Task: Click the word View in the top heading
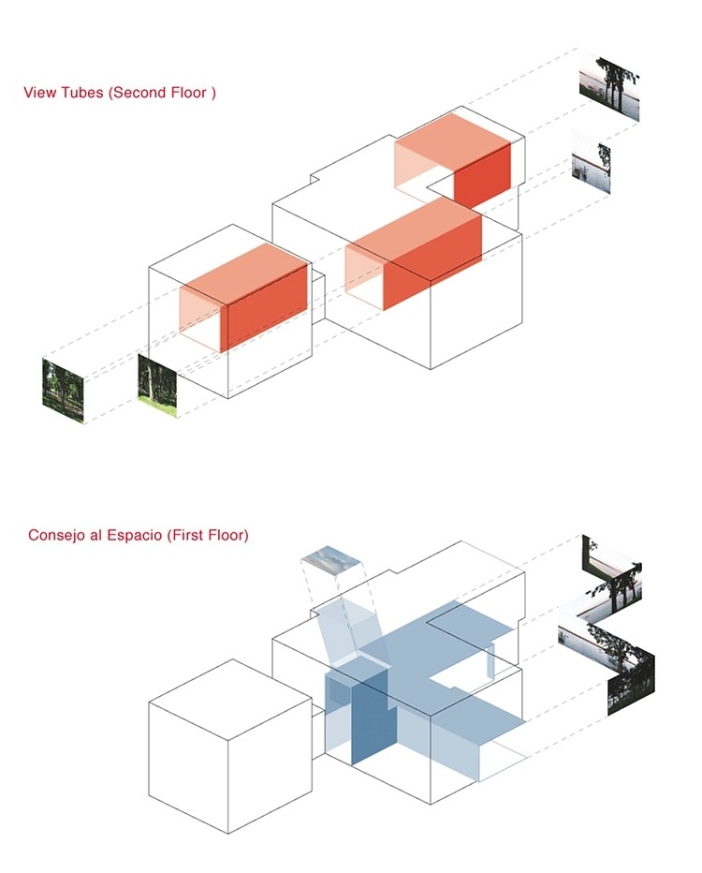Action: (x=39, y=93)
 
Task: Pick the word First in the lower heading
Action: (x=187, y=535)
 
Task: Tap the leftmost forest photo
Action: (x=63, y=390)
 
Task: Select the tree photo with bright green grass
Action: (x=157, y=385)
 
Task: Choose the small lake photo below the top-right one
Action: (x=591, y=163)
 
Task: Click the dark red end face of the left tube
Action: (x=267, y=308)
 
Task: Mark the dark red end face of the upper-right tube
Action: (x=482, y=174)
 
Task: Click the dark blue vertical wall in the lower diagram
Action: (x=370, y=716)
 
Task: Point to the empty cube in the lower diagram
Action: (x=229, y=746)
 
